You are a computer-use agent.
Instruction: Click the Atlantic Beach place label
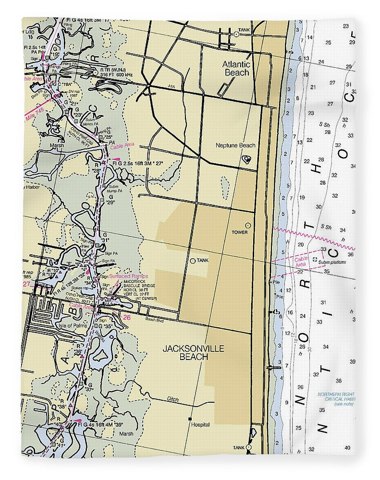[x=236, y=68]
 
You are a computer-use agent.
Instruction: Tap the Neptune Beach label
[x=235, y=146]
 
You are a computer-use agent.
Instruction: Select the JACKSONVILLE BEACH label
[x=193, y=352]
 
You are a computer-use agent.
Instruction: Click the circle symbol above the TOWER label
[x=248, y=225]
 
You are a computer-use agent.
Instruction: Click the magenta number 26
[x=126, y=317]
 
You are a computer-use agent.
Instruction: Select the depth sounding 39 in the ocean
[x=353, y=361]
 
